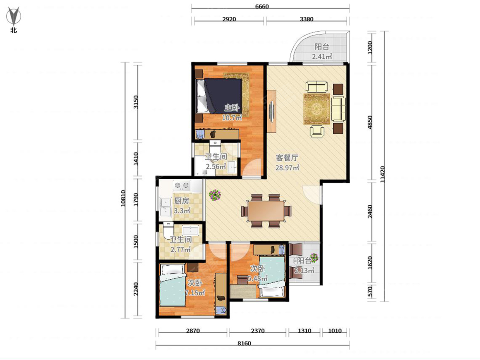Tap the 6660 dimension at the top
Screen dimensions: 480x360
click(x=262, y=6)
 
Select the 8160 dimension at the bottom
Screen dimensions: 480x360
click(x=244, y=343)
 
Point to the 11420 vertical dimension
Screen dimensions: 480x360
click(x=382, y=174)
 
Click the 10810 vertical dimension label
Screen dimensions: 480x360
click(x=123, y=198)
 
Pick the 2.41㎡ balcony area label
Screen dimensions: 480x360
click(x=322, y=57)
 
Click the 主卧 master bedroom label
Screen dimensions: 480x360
click(x=232, y=108)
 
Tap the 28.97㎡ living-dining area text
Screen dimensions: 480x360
click(x=287, y=168)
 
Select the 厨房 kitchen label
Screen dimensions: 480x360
click(x=182, y=201)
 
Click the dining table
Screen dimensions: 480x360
click(x=266, y=211)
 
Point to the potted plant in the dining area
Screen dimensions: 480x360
click(x=215, y=194)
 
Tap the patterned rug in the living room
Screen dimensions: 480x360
click(x=316, y=109)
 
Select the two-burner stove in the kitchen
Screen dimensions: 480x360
click(x=182, y=186)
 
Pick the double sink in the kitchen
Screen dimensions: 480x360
click(x=165, y=207)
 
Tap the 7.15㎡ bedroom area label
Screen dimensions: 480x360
click(x=195, y=293)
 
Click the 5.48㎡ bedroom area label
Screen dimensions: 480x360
click(x=257, y=278)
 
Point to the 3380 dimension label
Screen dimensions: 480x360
click(x=306, y=19)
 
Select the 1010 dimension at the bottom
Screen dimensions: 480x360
click(x=335, y=331)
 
